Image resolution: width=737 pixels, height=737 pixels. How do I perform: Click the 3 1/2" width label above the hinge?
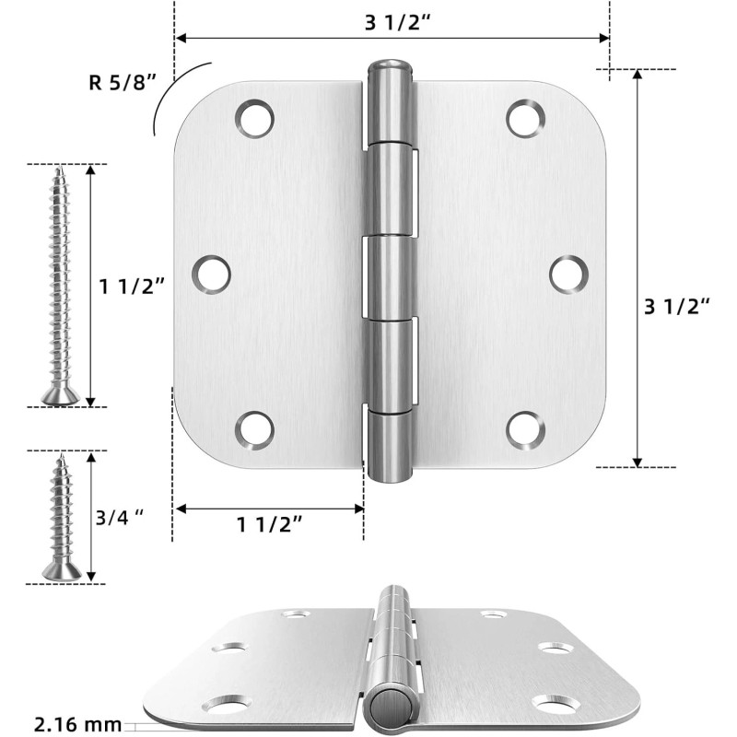[x=392, y=22]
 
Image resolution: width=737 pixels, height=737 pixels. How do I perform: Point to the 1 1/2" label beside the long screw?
[x=132, y=287]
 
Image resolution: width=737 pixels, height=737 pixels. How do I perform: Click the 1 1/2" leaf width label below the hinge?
[x=270, y=525]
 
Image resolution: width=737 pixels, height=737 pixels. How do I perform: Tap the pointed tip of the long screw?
[x=60, y=170]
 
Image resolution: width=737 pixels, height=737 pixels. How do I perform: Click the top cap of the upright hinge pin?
[x=387, y=68]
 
